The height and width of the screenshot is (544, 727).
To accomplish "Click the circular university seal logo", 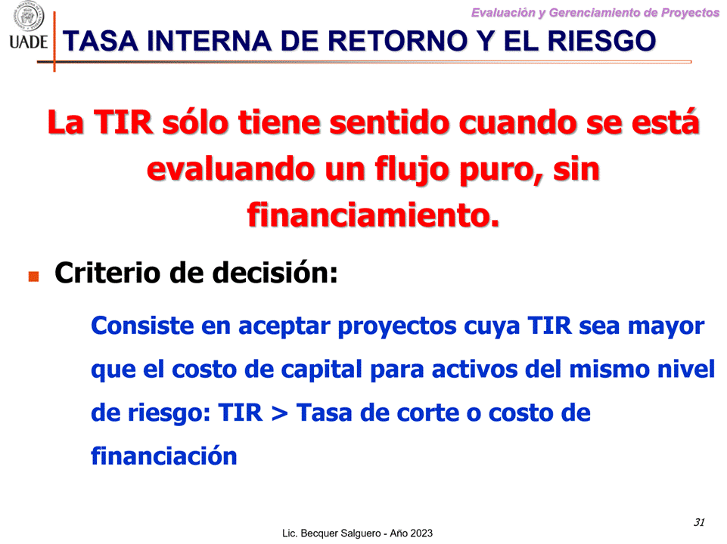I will pos(28,15).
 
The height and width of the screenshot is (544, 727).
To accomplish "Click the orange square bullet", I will pos(33,277).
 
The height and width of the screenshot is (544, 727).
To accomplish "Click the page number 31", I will pos(699,522).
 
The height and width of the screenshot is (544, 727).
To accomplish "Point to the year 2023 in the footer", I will pos(420,533).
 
